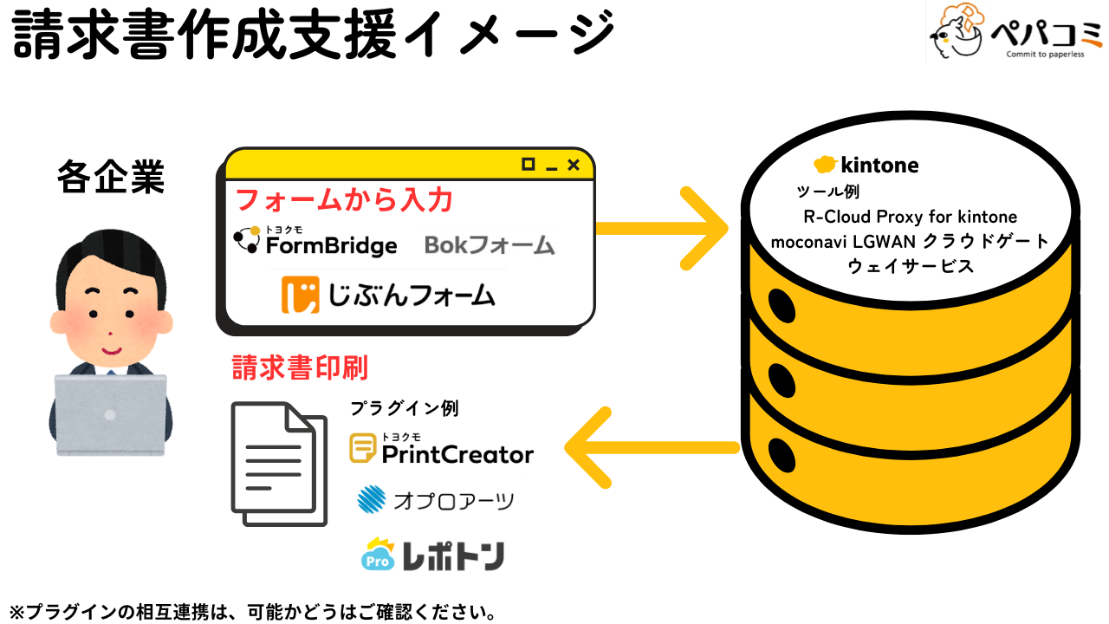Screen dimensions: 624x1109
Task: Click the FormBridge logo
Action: click(x=315, y=242)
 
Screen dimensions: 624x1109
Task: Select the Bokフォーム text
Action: click(x=490, y=245)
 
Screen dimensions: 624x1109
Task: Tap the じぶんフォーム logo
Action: click(x=388, y=295)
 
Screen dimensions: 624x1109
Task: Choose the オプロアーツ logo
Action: click(x=436, y=500)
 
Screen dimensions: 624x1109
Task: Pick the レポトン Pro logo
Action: click(x=432, y=556)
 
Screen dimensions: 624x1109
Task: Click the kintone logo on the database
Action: click(x=866, y=165)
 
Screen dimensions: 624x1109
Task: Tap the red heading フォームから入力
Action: click(x=345, y=199)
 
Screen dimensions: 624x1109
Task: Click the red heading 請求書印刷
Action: click(x=300, y=367)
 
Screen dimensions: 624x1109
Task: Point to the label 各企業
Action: click(x=111, y=178)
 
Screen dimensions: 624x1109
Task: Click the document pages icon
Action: click(x=279, y=463)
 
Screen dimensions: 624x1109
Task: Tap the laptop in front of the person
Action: click(x=111, y=414)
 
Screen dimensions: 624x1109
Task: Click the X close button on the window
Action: click(x=573, y=165)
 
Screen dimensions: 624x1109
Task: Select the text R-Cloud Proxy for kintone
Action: click(x=910, y=216)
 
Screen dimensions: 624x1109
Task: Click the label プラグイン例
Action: click(x=404, y=407)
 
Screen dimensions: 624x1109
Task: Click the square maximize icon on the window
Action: click(x=528, y=164)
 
